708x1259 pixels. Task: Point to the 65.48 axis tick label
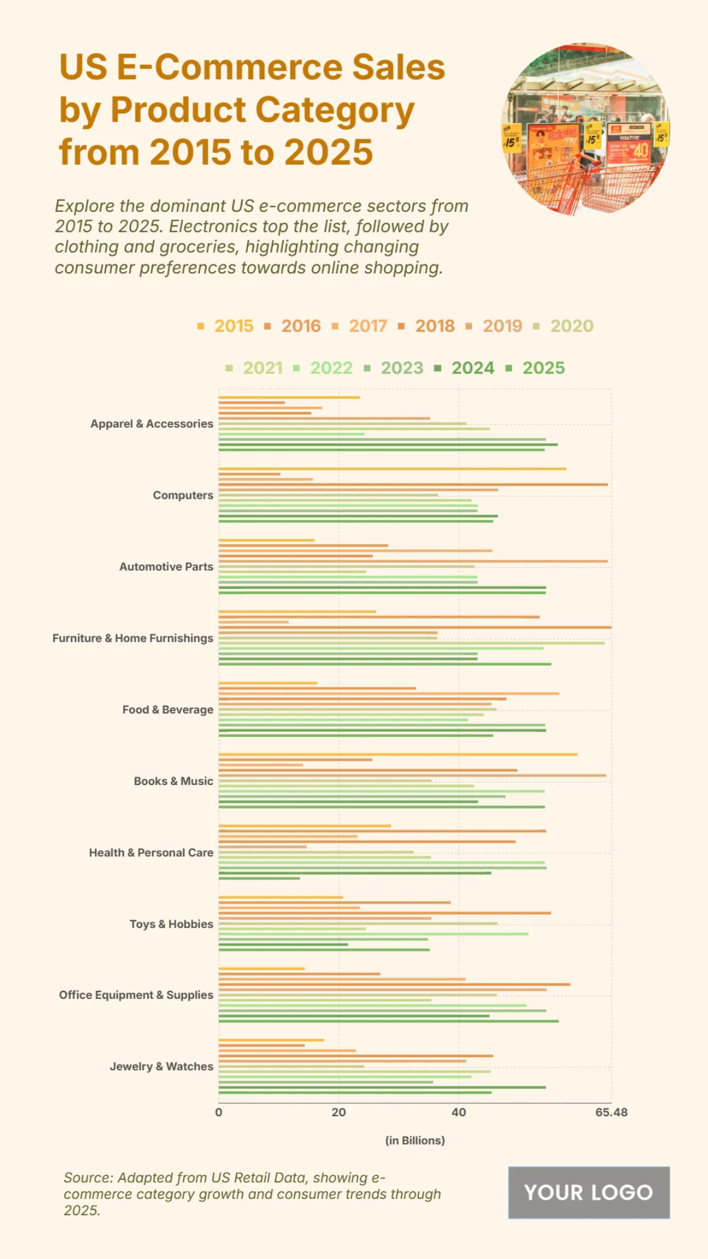611,1112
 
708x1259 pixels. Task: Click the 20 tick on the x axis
339,1112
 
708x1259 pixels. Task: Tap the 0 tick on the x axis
219,1112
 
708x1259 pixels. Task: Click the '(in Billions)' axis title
415,1140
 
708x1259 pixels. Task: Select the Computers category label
183,495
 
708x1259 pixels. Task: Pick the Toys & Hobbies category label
171,924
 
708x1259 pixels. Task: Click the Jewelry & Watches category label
161,1067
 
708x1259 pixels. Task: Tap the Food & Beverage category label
168,709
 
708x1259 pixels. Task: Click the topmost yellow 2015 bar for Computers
392,469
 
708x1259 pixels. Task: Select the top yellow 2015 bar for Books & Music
398,754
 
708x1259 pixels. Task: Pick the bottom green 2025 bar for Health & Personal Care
260,878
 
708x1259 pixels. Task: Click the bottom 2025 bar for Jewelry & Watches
355,1093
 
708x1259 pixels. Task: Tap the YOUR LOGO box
589,1192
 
